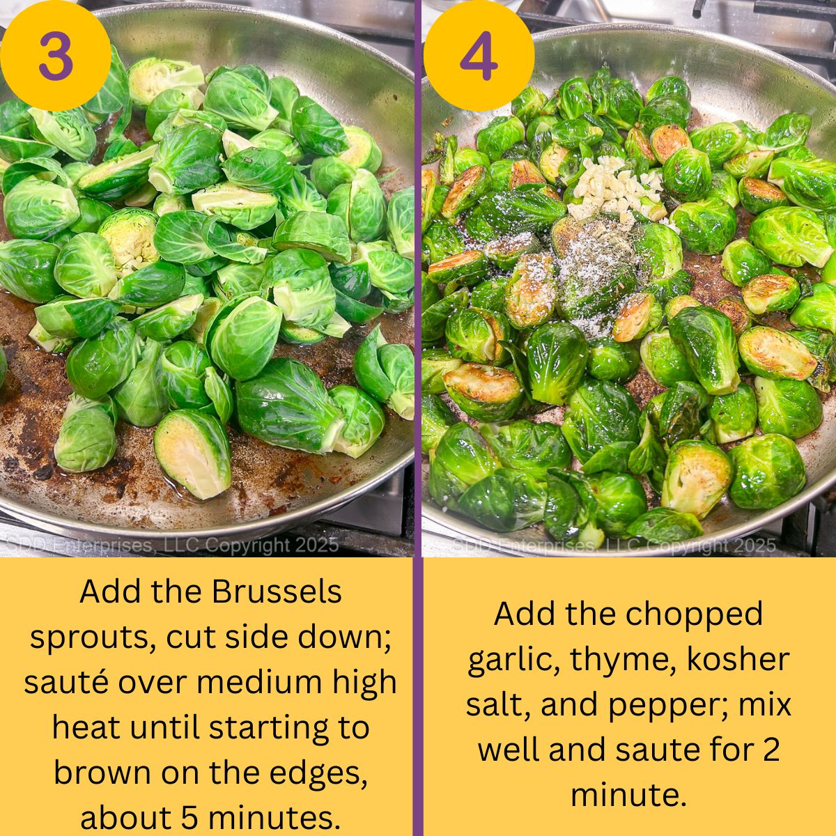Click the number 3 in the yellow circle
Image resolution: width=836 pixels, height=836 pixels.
(x=55, y=56)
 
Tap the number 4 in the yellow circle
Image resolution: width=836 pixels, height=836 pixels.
(x=479, y=56)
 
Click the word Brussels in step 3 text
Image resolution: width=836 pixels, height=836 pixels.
(x=277, y=592)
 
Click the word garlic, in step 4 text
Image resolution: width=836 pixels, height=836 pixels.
(x=514, y=659)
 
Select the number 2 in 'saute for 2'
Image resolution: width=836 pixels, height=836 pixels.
(x=768, y=750)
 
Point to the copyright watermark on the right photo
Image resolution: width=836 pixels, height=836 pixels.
(x=613, y=545)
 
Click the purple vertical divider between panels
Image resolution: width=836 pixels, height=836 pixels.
(x=418, y=418)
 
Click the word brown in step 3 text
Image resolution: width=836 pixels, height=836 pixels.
(x=102, y=773)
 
